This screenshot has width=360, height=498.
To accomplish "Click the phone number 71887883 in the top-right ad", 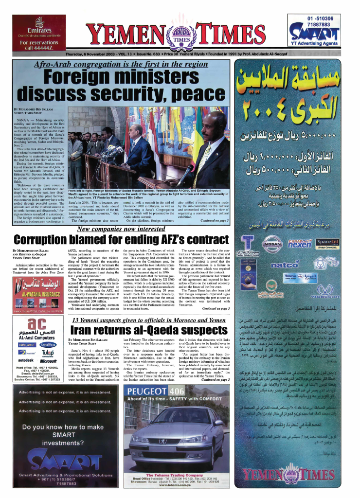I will (x=323, y=24).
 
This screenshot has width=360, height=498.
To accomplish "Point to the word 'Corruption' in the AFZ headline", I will (x=44, y=240).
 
